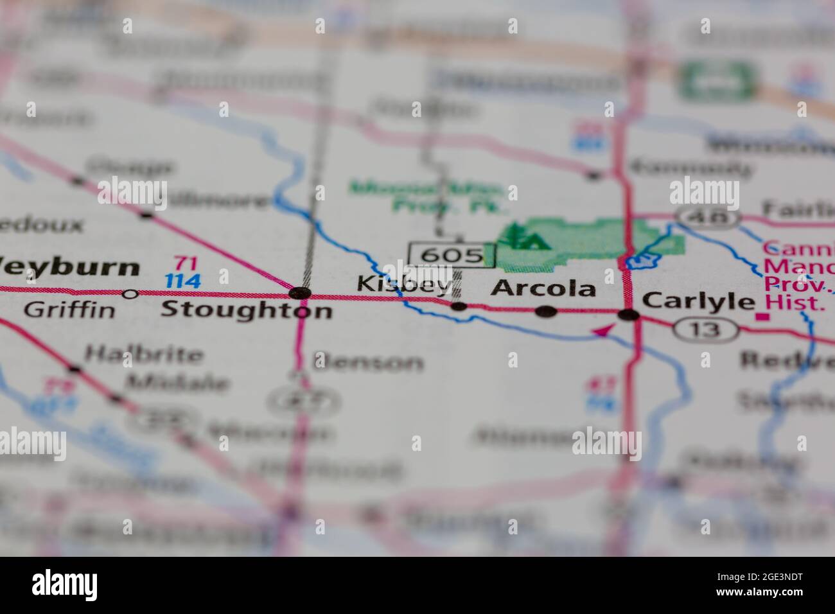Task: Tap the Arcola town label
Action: pyautogui.click(x=543, y=288)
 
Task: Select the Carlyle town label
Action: pyautogui.click(x=698, y=301)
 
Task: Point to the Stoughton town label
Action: pyautogui.click(x=246, y=310)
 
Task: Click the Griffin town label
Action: pyautogui.click(x=69, y=310)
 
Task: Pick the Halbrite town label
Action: pyautogui.click(x=144, y=354)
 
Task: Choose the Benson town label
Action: pyautogui.click(x=369, y=363)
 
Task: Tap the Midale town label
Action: pyautogui.click(x=177, y=383)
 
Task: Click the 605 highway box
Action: pyautogui.click(x=452, y=255)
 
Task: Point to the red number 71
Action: pyautogui.click(x=186, y=263)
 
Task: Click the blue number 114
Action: pyautogui.click(x=182, y=281)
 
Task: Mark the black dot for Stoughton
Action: pyautogui.click(x=300, y=294)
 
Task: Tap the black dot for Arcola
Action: pyautogui.click(x=546, y=311)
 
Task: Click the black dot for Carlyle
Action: pyautogui.click(x=628, y=315)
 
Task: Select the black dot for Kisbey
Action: pyautogui.click(x=459, y=307)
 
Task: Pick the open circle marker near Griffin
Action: pyautogui.click(x=130, y=294)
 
